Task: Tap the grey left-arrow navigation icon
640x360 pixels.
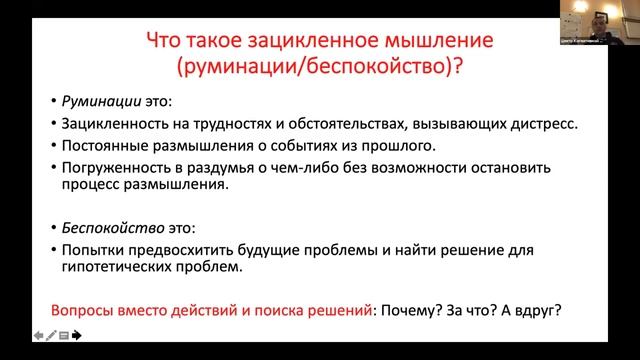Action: click(38, 337)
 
